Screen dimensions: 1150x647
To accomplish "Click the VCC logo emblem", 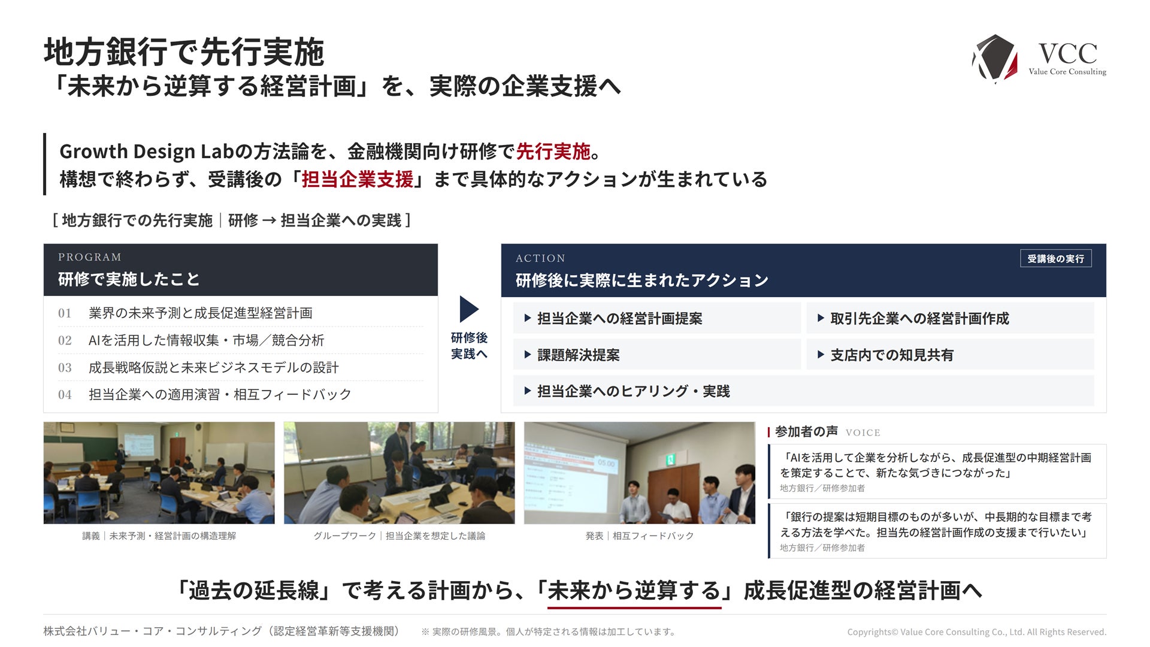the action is point(995,58).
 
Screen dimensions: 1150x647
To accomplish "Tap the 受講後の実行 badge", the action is point(1055,258).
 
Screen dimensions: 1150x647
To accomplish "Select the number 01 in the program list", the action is point(65,313).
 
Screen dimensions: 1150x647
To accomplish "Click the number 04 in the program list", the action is point(65,395).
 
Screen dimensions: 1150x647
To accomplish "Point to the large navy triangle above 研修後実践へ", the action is point(469,309).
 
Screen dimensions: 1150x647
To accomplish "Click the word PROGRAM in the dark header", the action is point(90,257).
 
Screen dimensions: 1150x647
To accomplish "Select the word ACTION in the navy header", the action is point(540,258).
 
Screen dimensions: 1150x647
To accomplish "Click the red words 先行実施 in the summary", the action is point(553,152).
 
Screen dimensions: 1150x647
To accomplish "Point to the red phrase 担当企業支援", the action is point(357,179).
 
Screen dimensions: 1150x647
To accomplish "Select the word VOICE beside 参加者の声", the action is point(863,433).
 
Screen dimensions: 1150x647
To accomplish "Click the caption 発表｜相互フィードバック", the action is point(640,536).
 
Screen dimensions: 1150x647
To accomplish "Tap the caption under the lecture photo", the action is point(159,536).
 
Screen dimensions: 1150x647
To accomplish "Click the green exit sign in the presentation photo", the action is point(670,460).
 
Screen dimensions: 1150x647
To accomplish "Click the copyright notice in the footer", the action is point(977,632).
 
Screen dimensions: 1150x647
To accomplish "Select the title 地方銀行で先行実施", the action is point(184,52).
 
